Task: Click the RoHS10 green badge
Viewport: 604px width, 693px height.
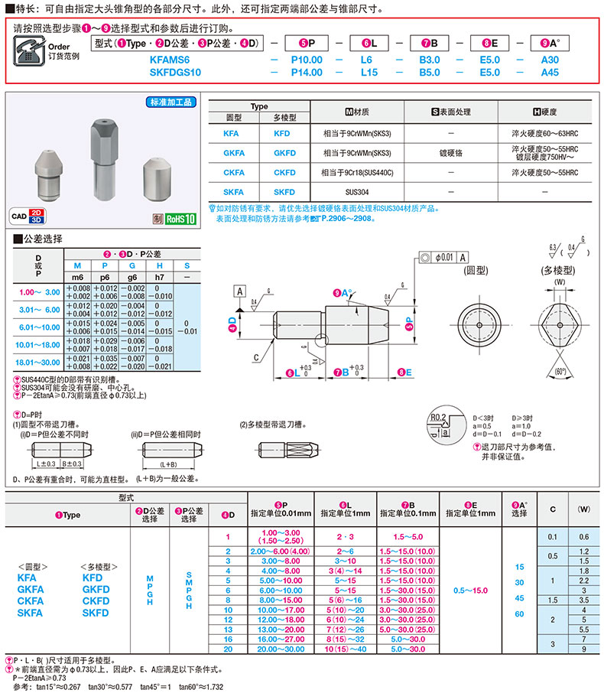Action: [x=180, y=218]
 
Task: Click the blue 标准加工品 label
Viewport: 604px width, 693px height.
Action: [x=170, y=102]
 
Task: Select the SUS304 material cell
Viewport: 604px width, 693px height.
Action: [x=356, y=192]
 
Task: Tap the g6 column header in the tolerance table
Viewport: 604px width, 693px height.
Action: [x=132, y=276]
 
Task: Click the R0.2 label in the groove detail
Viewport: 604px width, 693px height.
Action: [x=437, y=416]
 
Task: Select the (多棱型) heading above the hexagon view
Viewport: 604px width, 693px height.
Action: [x=560, y=270]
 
